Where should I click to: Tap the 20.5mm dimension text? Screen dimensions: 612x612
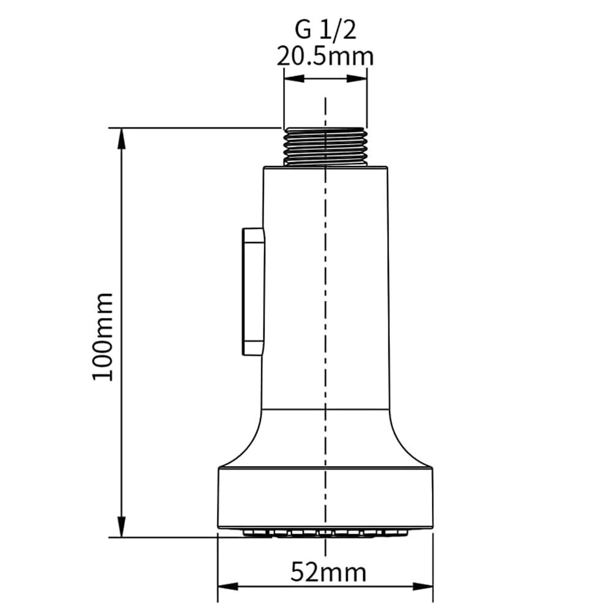click(325, 56)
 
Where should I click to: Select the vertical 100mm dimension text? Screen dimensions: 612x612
click(103, 336)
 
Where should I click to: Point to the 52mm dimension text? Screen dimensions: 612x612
click(328, 572)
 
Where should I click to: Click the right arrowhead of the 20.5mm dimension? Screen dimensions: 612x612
click(357, 78)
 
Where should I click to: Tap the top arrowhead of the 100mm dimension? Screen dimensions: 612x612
click(122, 138)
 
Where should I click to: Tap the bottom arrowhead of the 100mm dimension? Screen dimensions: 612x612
click(122, 527)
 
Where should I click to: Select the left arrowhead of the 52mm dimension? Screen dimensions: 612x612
click(228, 587)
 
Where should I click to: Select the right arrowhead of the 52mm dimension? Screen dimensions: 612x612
click(423, 587)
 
